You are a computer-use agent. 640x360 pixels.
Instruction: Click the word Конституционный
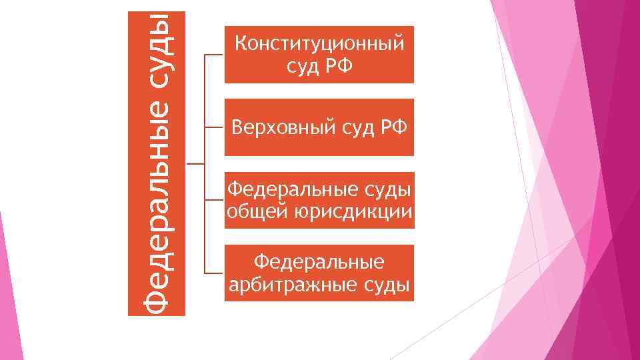tap(319, 45)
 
